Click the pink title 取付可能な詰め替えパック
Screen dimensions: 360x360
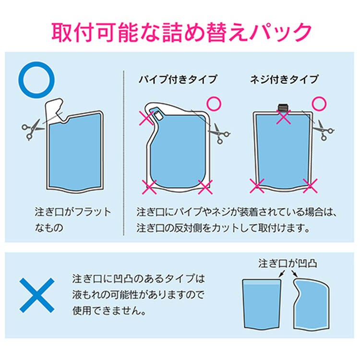point(181,32)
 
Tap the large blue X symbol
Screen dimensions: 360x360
point(37,295)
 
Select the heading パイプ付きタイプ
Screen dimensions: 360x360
point(178,79)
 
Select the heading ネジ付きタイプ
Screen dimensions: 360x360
point(284,79)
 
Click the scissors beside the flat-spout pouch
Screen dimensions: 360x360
point(32,129)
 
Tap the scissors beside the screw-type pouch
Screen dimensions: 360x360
point(324,130)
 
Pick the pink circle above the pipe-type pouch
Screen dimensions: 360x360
point(214,104)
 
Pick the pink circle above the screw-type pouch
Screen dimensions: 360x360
point(319,104)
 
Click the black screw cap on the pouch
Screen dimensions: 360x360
point(284,108)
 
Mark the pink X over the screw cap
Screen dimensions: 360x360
point(284,117)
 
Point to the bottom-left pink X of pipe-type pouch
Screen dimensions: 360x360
point(149,187)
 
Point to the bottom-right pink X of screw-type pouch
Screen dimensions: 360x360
point(310,186)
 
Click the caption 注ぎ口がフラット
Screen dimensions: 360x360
point(73,212)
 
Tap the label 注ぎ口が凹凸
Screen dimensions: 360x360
point(288,264)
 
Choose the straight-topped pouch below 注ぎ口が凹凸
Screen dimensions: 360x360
point(262,304)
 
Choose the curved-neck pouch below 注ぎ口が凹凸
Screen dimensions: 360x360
point(312,304)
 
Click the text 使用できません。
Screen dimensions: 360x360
point(109,311)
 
